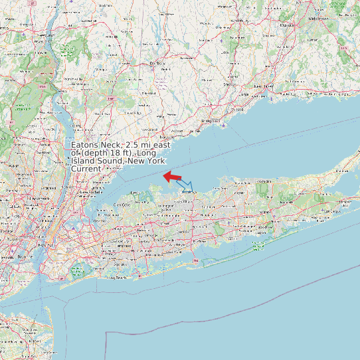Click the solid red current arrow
coord(173,176)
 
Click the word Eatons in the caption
coord(84,145)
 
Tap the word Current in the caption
coord(86,169)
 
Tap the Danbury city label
coord(157,63)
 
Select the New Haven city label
coord(263,86)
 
